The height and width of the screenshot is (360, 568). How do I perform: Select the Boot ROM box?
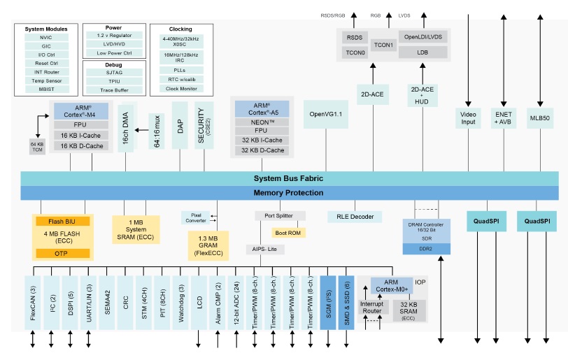[x=287, y=232]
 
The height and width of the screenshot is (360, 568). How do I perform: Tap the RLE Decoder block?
[x=355, y=217]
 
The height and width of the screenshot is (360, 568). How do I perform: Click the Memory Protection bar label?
[x=289, y=193]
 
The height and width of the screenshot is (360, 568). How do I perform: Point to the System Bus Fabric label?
[x=289, y=178]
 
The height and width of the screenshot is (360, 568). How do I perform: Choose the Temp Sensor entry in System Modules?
[x=46, y=81]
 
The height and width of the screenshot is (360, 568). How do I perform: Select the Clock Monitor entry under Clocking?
[x=180, y=89]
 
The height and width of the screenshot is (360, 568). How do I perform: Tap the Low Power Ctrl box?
[x=113, y=53]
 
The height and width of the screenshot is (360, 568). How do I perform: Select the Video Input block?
[x=468, y=117]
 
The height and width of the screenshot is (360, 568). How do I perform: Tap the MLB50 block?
[x=540, y=117]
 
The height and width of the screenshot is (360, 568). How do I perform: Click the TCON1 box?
[x=383, y=45]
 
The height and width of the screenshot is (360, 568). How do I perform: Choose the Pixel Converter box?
[x=195, y=217]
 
